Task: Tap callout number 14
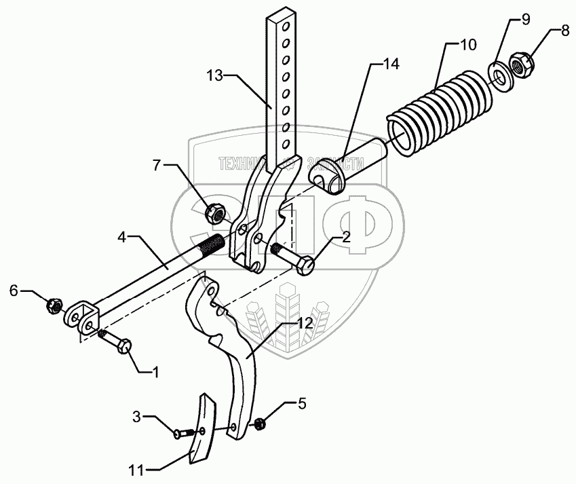(390, 64)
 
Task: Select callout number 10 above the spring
(468, 45)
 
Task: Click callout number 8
(564, 31)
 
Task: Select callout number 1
(155, 372)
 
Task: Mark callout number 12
(305, 323)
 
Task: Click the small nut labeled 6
(52, 307)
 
